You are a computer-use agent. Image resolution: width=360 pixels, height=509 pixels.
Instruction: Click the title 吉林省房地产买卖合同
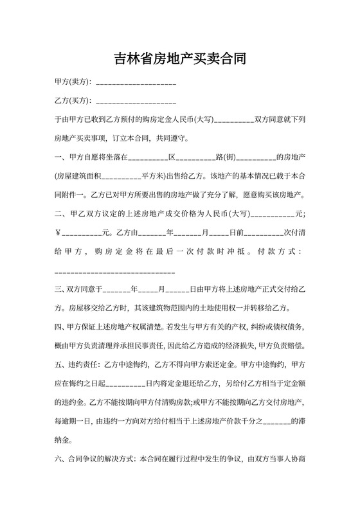click(180, 59)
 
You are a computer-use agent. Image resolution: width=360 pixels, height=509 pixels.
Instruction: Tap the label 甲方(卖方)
click(73, 82)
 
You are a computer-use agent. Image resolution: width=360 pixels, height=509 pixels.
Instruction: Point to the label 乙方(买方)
click(73, 101)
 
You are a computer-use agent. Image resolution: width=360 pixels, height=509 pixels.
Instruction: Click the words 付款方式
click(279, 252)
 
